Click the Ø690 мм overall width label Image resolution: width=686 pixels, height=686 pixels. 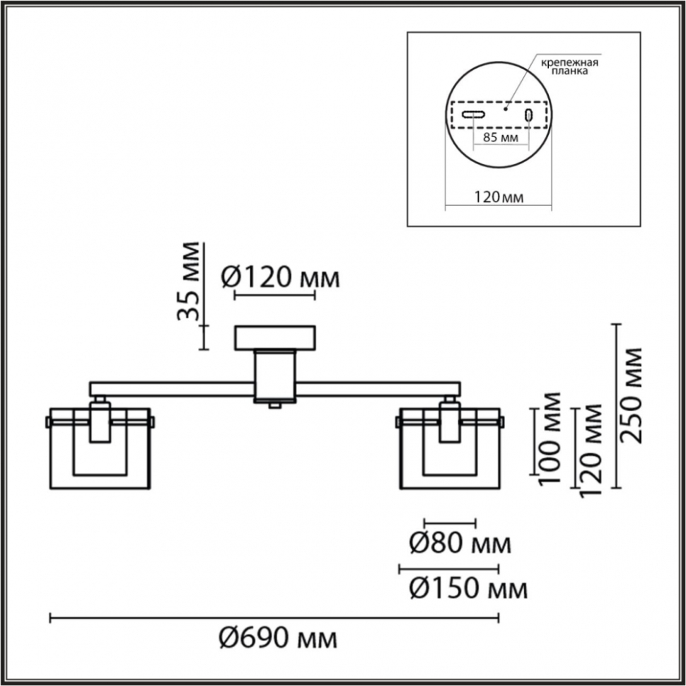click(x=278, y=639)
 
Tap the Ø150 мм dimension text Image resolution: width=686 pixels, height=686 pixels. click(x=468, y=589)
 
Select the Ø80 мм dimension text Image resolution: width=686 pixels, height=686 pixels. click(x=460, y=545)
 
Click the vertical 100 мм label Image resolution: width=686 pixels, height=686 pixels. click(x=550, y=438)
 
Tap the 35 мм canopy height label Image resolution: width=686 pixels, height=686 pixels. click(x=189, y=281)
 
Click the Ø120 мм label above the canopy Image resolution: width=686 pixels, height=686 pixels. click(x=281, y=277)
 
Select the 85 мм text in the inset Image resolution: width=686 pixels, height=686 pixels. click(x=501, y=137)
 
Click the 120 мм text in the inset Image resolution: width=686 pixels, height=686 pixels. click(x=499, y=197)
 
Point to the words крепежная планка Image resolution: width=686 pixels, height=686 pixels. click(x=569, y=66)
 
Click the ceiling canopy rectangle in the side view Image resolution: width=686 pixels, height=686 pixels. click(x=275, y=338)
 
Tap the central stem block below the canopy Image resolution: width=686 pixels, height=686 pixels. click(x=275, y=376)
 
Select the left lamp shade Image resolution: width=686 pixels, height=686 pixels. click(x=100, y=448)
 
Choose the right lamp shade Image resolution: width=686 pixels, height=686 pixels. click(x=450, y=448)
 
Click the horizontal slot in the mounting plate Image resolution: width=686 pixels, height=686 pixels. click(x=474, y=115)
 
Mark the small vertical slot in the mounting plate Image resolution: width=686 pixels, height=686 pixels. click(x=528, y=115)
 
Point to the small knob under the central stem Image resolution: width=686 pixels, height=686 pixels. click(x=274, y=405)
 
